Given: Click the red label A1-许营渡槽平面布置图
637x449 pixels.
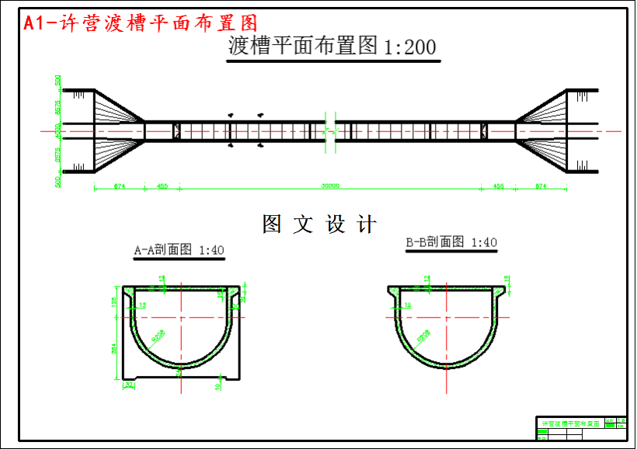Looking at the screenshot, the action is [x=140, y=23].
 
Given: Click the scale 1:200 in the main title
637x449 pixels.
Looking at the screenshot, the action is [x=410, y=47].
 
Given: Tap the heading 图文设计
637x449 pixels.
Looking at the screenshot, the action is [x=319, y=225].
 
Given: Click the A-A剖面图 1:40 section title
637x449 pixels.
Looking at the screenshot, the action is [x=179, y=250].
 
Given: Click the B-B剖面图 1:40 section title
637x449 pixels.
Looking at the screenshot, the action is [x=451, y=242].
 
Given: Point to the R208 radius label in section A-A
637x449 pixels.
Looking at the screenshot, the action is [x=158, y=336].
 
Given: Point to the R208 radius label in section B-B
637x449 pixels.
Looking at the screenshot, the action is [x=424, y=336].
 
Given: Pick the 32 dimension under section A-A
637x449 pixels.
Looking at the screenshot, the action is [x=127, y=384].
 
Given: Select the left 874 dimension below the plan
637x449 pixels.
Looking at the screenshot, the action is [x=119, y=186].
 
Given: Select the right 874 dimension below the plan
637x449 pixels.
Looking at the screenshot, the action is [x=541, y=186].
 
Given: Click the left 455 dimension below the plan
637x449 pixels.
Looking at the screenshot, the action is [x=162, y=186].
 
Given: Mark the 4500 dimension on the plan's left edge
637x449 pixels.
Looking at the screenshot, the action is [x=57, y=132].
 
